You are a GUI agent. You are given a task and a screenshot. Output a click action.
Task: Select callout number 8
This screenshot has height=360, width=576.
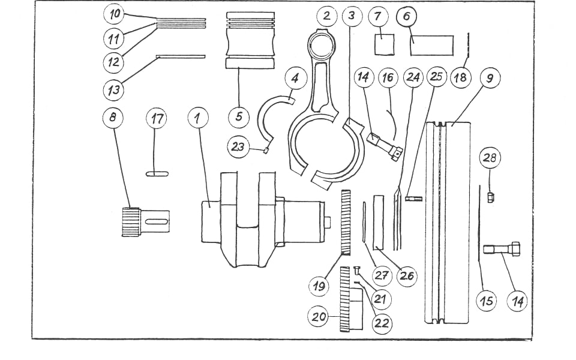[x=112, y=118]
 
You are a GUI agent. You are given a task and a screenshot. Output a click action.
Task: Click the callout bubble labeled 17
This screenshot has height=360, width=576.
[x=156, y=118]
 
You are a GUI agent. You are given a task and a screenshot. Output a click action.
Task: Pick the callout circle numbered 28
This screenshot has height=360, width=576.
[x=490, y=158]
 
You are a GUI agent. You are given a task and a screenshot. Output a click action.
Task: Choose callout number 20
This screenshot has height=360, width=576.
[x=319, y=316]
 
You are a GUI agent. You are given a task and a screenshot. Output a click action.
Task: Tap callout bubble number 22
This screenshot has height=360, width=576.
[x=381, y=323]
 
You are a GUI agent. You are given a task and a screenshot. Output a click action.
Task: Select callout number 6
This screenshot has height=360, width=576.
[x=406, y=16]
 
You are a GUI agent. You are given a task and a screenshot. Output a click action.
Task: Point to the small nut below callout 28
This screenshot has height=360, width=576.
[x=490, y=197]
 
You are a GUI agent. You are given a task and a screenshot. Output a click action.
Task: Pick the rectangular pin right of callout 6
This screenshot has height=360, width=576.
[x=432, y=45]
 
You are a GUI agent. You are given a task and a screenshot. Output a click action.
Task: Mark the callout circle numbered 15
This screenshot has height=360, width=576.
[x=487, y=301]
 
